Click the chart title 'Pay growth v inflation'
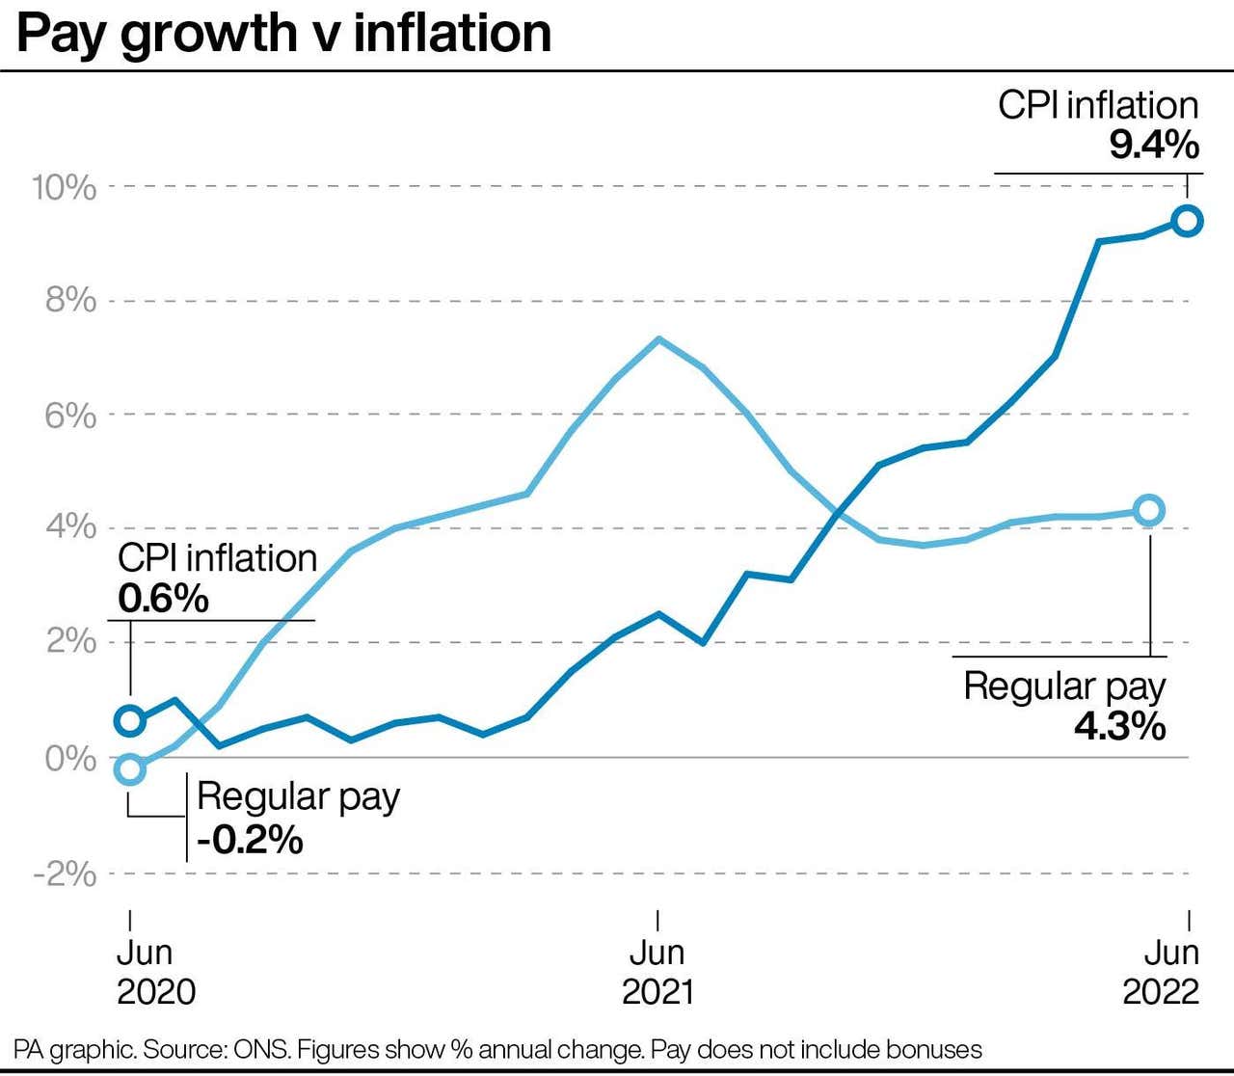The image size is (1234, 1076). pyautogui.click(x=283, y=33)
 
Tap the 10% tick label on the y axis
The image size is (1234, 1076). pyautogui.click(x=64, y=187)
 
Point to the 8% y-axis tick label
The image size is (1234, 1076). pyautogui.click(x=70, y=301)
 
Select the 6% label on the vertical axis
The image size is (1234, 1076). pyautogui.click(x=70, y=416)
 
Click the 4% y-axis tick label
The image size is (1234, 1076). pyautogui.click(x=70, y=527)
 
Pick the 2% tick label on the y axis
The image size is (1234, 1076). pyautogui.click(x=70, y=641)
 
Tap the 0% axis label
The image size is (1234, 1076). pyautogui.click(x=70, y=759)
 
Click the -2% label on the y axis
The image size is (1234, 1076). pyautogui.click(x=65, y=874)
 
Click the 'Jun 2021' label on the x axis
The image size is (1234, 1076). pyautogui.click(x=657, y=972)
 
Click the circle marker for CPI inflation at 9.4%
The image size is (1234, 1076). pyautogui.click(x=1188, y=221)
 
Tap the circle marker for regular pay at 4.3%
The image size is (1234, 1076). pyautogui.click(x=1148, y=510)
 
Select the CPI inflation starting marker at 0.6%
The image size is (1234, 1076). pyautogui.click(x=130, y=720)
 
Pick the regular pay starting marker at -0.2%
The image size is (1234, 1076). pyautogui.click(x=130, y=769)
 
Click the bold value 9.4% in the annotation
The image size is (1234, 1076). pyautogui.click(x=1153, y=146)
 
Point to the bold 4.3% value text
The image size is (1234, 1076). pyautogui.click(x=1119, y=726)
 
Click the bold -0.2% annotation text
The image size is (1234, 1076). pyautogui.click(x=250, y=840)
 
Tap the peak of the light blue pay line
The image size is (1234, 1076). pyautogui.click(x=658, y=338)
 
